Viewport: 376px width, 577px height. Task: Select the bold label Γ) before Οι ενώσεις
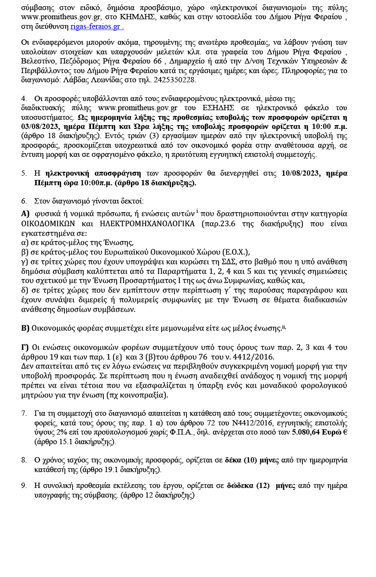25,347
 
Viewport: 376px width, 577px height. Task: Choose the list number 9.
24,486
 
